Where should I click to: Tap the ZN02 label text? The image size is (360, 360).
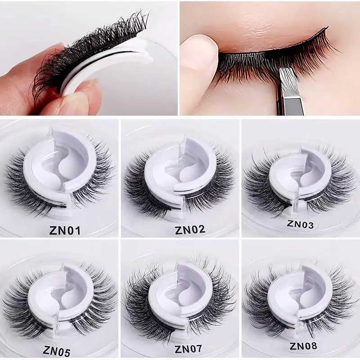190,229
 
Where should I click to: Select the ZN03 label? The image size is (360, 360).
301,224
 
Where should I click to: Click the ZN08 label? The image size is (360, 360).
304,346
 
